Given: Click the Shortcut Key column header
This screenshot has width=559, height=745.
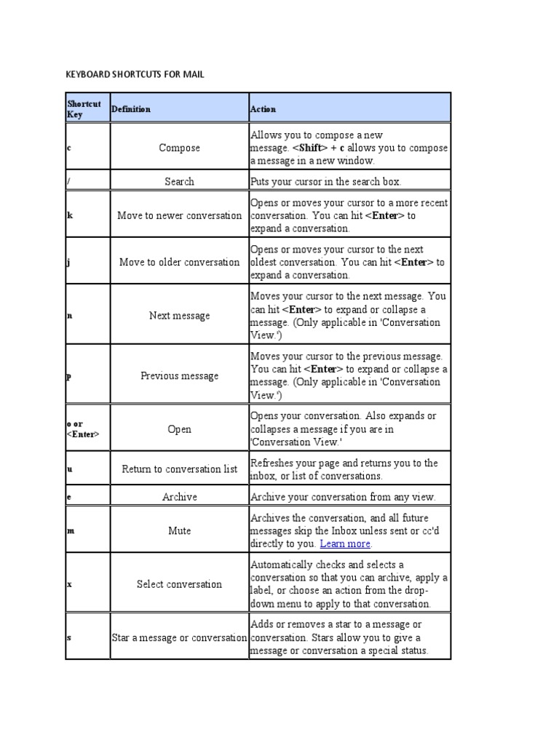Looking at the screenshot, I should (x=84, y=108).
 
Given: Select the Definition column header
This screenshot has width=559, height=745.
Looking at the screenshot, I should (x=131, y=109).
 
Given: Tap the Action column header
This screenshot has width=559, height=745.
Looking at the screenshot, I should (x=263, y=109).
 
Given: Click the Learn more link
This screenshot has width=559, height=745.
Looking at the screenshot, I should (x=346, y=543).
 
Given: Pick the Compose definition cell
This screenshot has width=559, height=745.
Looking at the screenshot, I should (x=179, y=148).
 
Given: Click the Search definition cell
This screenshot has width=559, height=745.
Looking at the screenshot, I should (x=179, y=181).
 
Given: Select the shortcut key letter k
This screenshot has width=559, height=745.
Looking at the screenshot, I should (x=70, y=216).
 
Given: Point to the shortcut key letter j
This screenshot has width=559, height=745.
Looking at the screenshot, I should (x=69, y=262).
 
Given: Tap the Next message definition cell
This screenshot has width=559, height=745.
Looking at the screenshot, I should (x=179, y=316).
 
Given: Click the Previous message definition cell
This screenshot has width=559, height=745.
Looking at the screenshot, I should (x=179, y=376).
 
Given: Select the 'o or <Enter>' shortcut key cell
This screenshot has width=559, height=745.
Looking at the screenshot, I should (x=83, y=429).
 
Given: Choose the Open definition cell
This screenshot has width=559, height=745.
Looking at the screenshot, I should (x=179, y=429).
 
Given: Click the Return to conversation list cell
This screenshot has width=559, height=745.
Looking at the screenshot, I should (x=179, y=469).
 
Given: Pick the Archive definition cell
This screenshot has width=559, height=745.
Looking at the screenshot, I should (x=179, y=497).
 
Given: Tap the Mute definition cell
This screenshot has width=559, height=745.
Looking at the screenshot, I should (x=179, y=531).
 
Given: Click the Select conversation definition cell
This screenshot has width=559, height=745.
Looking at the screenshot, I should (x=179, y=584).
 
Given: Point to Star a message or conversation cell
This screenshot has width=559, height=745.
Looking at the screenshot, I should (x=179, y=637).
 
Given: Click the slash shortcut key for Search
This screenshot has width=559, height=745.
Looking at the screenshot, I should (x=68, y=181).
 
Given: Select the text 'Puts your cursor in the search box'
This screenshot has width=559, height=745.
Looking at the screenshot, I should (x=325, y=181).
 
